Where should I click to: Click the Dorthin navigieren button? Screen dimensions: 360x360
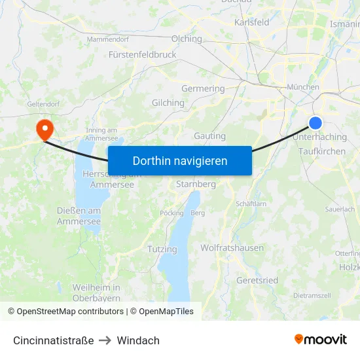click(180, 160)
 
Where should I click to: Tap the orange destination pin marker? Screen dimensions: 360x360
click(45, 128)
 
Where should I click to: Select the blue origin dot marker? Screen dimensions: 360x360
click(315, 122)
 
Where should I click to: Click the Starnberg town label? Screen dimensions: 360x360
click(196, 185)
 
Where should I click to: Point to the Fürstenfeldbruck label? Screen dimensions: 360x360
click(143, 55)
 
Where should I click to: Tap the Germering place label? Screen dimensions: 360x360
click(203, 88)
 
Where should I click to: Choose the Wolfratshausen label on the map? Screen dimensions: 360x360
click(232, 248)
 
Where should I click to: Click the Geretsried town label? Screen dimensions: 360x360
click(257, 280)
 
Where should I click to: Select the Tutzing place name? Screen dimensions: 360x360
click(162, 249)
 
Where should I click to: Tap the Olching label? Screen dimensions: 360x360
click(187, 39)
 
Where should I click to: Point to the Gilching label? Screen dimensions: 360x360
click(168, 103)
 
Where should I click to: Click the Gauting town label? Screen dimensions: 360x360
click(210, 136)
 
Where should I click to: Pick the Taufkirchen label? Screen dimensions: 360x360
click(321, 151)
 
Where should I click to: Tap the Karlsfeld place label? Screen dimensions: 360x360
click(252, 22)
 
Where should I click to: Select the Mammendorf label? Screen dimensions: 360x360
click(107, 39)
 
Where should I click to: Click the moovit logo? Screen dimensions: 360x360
click(321, 340)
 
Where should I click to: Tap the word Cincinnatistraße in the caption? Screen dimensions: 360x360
click(53, 340)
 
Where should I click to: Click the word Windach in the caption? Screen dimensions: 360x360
click(138, 340)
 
